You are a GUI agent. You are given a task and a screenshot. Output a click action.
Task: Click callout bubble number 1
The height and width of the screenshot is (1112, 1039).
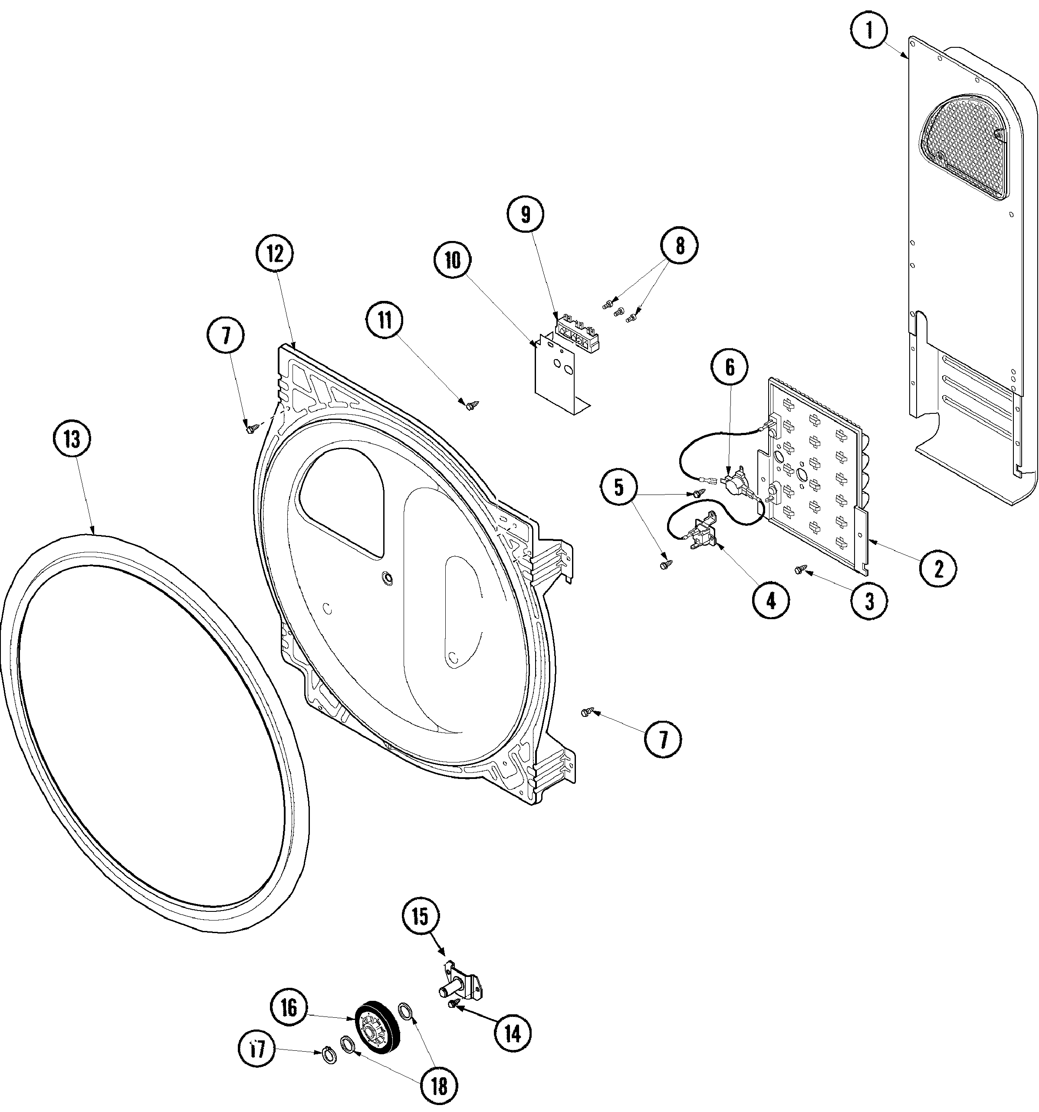868,31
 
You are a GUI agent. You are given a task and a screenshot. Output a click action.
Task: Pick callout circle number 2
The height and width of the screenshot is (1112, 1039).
938,569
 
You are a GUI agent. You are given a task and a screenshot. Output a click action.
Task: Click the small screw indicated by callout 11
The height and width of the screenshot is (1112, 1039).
469,405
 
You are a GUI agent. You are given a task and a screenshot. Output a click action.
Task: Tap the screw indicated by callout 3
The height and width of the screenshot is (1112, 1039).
800,569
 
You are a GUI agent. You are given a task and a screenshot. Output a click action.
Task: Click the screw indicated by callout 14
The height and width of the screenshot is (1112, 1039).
451,1005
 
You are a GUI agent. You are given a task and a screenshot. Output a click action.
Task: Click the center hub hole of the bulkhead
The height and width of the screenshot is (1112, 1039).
386,577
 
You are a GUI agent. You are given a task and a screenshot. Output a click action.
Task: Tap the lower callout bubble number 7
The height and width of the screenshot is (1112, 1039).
663,741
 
